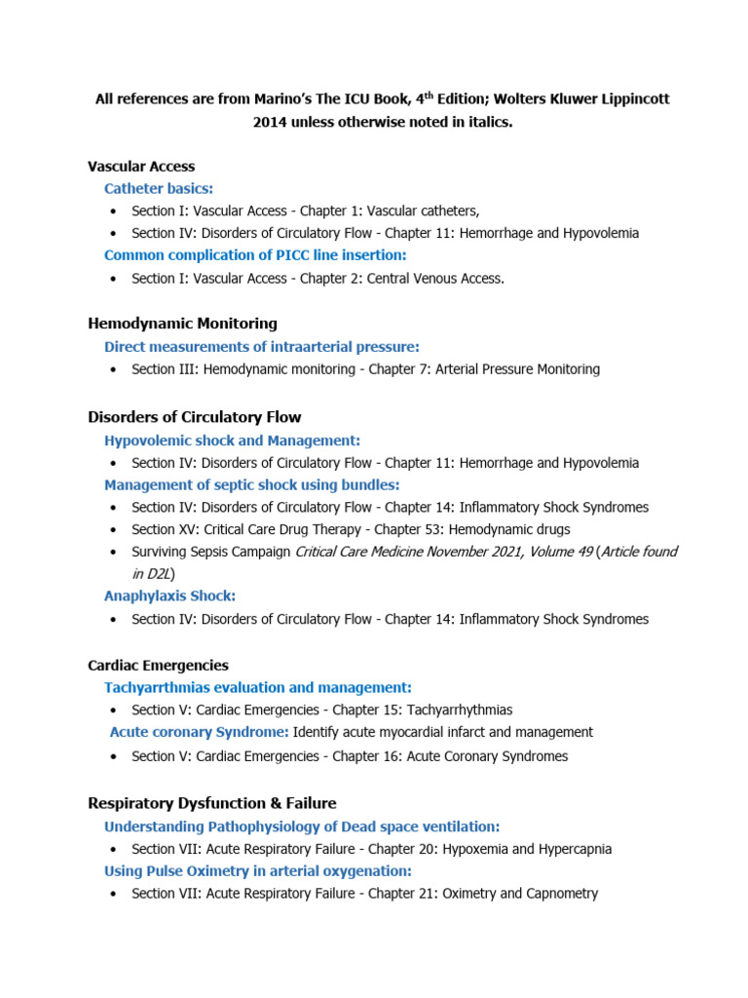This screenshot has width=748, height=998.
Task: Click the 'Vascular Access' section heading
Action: [141, 167]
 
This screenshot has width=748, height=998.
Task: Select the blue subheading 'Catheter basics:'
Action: [159, 188]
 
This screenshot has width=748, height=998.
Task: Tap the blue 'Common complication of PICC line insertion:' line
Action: [255, 255]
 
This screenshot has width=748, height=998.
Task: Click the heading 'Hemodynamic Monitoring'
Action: [182, 324]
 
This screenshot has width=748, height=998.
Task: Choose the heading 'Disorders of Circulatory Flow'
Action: [194, 417]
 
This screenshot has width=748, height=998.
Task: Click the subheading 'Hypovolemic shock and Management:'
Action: [232, 441]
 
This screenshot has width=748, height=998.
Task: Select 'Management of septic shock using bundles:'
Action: [252, 484]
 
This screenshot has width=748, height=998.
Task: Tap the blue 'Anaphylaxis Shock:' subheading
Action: [170, 595]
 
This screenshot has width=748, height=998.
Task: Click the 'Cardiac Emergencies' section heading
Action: [158, 666]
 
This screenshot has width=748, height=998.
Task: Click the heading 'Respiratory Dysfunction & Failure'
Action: [211, 803]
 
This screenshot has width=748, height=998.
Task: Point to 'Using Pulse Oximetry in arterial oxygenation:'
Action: [258, 870]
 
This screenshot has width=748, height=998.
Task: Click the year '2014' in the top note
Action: [272, 123]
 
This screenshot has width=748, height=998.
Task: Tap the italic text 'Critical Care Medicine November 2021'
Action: [403, 552]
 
